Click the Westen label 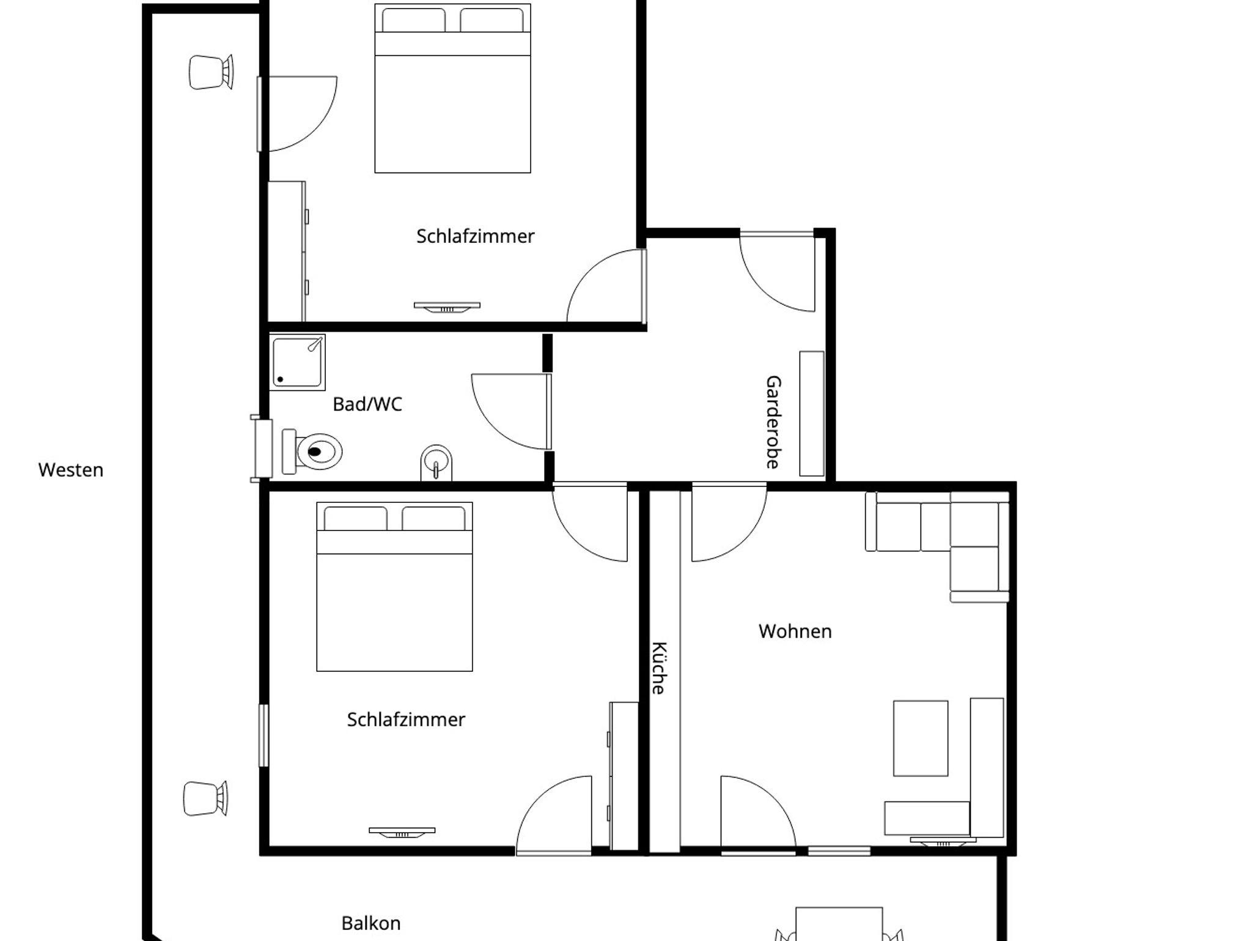tap(71, 470)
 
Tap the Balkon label tap(371, 923)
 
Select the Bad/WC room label tap(367, 404)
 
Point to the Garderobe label tap(773, 422)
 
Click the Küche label tap(658, 668)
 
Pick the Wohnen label tap(795, 631)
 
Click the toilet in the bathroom tap(312, 452)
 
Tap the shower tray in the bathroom tap(297, 362)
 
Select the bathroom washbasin tap(436, 463)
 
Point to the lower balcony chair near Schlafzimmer tap(206, 798)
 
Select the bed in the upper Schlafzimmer tap(452, 89)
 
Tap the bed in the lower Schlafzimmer tap(394, 587)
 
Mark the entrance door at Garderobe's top tap(778, 272)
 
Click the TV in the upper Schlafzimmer tap(447, 307)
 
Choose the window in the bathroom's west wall tap(262, 448)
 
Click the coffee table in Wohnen tap(921, 738)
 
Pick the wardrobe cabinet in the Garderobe tap(812, 414)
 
